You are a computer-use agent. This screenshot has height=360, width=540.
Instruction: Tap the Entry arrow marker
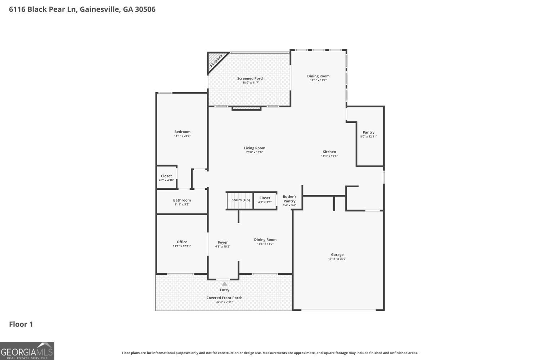(224, 284)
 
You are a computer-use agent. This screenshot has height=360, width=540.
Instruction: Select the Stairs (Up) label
(240, 200)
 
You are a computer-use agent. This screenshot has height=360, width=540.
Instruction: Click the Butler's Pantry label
(289, 199)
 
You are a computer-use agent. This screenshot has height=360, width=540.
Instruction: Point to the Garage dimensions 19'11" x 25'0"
(337, 259)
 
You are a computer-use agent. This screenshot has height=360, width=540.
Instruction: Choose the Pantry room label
(369, 132)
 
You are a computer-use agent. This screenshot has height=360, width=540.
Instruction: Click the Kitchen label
(329, 152)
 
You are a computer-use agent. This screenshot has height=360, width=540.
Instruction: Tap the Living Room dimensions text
(254, 152)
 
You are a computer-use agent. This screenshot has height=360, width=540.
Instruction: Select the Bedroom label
(182, 132)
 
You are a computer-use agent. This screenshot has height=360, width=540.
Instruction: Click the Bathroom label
(182, 200)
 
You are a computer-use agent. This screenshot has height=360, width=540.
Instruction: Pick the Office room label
(182, 242)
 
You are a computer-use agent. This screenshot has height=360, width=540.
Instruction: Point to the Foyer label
(223, 242)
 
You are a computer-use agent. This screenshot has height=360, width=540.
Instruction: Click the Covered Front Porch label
(224, 298)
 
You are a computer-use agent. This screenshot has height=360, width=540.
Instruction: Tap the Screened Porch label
(251, 78)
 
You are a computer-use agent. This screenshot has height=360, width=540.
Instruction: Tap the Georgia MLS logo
(27, 351)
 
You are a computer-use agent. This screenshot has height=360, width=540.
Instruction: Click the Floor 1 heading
(21, 324)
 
